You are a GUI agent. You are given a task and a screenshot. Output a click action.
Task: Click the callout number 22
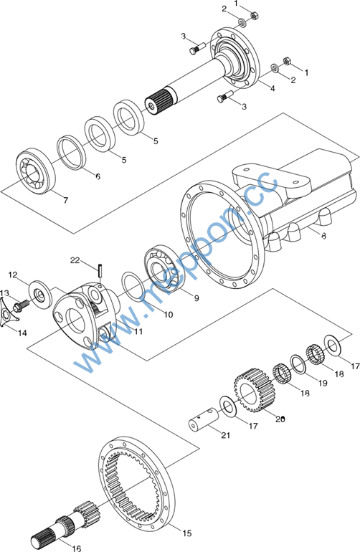click(x=75, y=260)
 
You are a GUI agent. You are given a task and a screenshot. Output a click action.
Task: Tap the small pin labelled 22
click(x=100, y=270)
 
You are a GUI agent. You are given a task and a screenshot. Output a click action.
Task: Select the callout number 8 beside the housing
click(x=323, y=236)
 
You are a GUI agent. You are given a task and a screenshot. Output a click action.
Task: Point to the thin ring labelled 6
click(x=72, y=152)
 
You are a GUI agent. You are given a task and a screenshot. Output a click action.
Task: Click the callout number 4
click(x=273, y=88)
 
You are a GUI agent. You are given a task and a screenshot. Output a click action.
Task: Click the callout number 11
click(x=138, y=331)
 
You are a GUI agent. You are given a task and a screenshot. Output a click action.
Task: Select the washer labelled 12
click(x=40, y=295)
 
